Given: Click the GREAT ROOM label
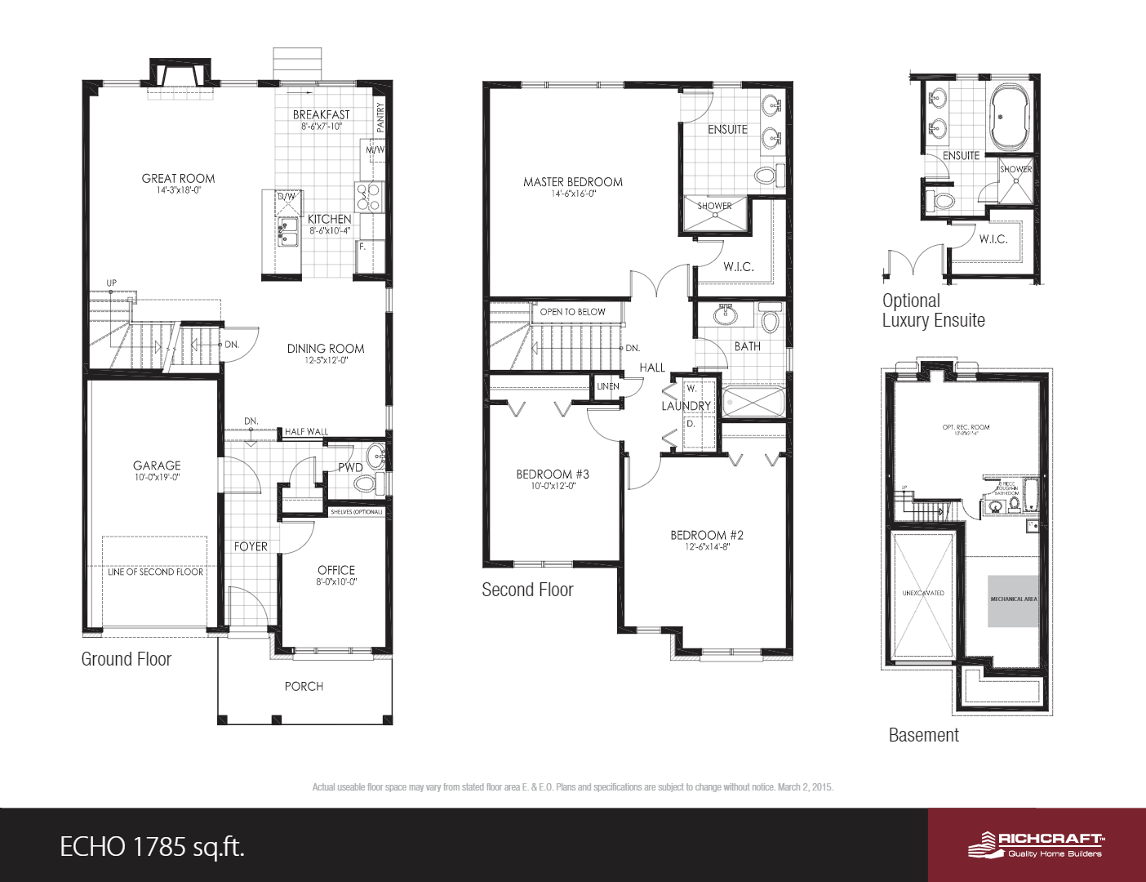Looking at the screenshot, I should coord(178,178).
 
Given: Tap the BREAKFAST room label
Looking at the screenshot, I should coord(321,115).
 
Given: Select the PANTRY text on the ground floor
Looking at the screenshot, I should coord(380,117).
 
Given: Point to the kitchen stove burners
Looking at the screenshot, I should coord(368,198).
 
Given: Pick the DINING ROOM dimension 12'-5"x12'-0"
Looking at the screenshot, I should coord(326,360).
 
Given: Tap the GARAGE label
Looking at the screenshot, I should coord(157,465).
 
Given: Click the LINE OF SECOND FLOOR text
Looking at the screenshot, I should coord(155,572).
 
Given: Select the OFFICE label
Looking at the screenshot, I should coord(336,570).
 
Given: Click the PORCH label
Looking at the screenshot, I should coord(304,687).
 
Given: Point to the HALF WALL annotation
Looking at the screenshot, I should coord(306,431).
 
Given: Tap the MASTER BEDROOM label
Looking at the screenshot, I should coord(572,182).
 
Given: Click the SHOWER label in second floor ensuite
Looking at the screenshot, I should coord(714,206).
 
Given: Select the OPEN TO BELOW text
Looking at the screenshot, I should coord(572,312).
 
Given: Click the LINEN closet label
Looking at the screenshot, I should coord(607,386).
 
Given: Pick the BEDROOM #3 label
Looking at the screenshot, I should coord(552,474).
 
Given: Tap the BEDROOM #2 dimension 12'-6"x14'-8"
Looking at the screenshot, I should coord(707,547).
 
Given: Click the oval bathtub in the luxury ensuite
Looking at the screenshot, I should coord(1011,116).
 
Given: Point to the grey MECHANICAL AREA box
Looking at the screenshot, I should coord(1013,600).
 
